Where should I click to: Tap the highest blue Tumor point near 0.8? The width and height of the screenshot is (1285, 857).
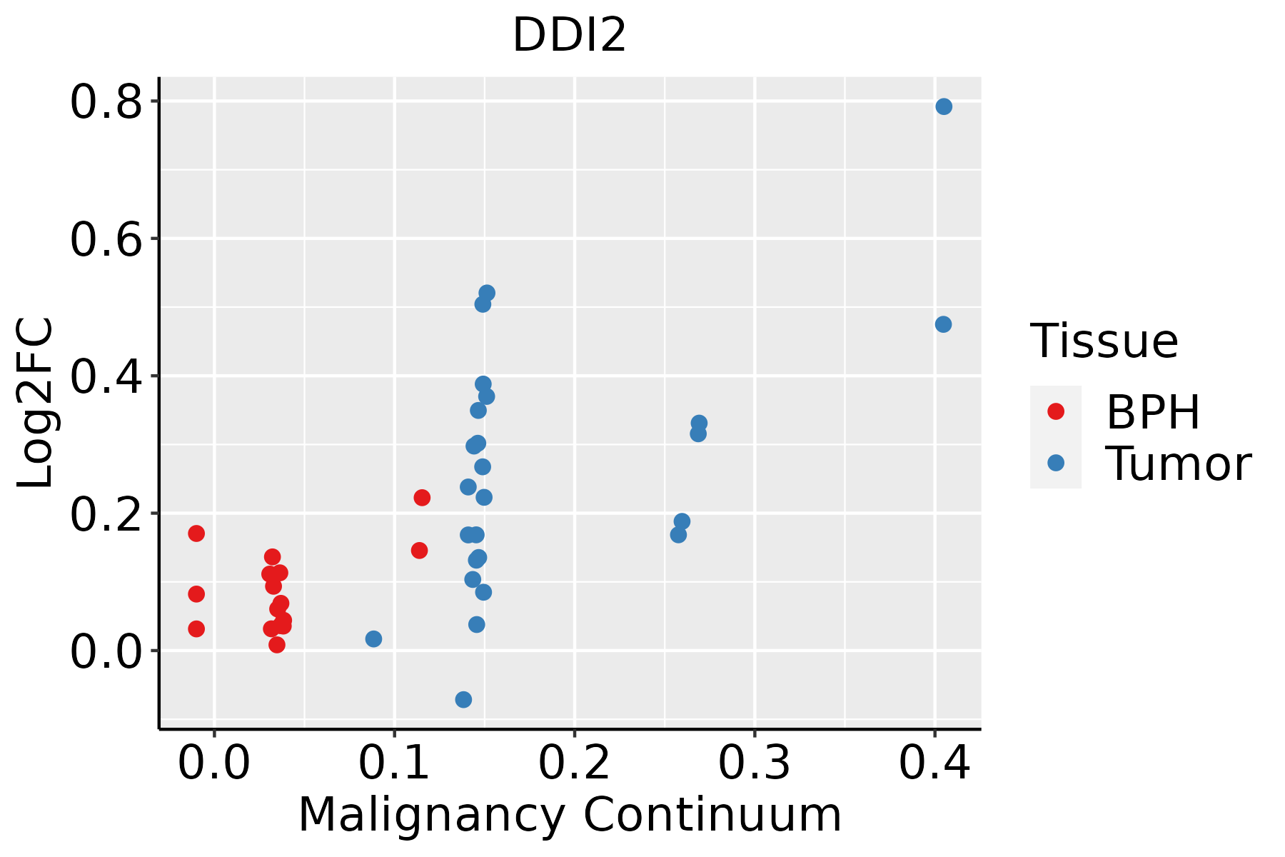(944, 106)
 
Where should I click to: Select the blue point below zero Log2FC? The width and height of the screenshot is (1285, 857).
(463, 699)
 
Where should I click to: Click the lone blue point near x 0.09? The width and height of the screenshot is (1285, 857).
(373, 638)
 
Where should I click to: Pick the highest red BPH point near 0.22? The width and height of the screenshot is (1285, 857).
(422, 497)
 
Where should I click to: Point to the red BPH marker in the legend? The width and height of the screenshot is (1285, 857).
(1055, 411)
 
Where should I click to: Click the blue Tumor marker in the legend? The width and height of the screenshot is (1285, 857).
(1055, 463)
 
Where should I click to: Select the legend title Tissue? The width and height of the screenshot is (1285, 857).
(1104, 341)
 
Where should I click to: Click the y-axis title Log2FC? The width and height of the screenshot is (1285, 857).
(36, 404)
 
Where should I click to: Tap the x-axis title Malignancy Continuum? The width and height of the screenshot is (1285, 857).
(569, 815)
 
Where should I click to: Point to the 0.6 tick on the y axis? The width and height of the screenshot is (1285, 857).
(105, 239)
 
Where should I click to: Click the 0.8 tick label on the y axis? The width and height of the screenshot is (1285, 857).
(105, 102)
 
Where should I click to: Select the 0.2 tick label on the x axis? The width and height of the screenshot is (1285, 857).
(574, 763)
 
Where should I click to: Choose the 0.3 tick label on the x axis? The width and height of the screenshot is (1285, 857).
(754, 763)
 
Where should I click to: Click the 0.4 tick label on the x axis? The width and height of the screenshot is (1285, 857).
(934, 763)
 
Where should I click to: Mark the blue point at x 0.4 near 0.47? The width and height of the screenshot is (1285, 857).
(943, 324)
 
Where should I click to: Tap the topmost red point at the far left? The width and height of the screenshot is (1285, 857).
(196, 533)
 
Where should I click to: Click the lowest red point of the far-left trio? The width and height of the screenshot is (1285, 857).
(196, 628)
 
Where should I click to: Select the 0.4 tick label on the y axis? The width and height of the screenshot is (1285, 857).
(105, 376)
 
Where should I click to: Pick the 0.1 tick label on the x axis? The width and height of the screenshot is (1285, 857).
(394, 763)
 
